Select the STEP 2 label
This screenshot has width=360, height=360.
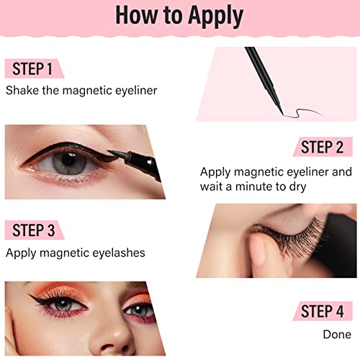322,147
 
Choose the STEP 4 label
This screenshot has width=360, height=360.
322,311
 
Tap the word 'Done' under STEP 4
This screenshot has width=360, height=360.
337,334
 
